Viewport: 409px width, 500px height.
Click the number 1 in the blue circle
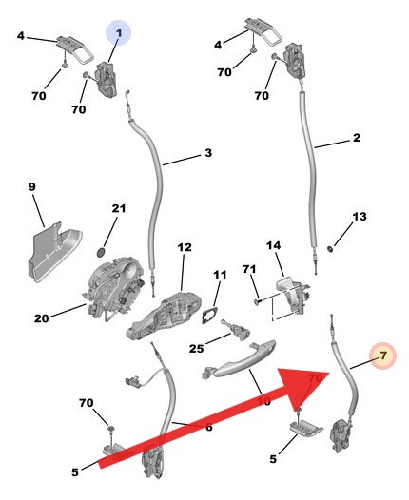[119, 34]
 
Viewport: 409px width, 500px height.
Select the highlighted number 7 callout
[382, 356]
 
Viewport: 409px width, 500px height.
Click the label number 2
[356, 138]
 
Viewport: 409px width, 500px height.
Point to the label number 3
[207, 153]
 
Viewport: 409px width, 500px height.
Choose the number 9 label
[31, 188]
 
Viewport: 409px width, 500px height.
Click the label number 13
[359, 217]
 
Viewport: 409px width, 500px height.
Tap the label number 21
[118, 208]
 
